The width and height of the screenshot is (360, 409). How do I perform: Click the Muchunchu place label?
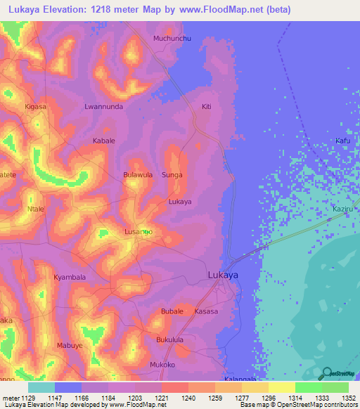point(172,38)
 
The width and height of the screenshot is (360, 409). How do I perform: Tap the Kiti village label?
point(206,107)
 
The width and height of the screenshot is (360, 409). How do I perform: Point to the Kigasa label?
point(35,107)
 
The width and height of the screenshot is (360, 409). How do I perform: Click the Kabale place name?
point(104,141)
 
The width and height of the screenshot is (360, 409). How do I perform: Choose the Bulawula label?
point(138,174)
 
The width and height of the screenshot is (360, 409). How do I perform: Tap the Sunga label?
point(172,174)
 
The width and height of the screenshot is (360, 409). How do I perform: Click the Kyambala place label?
point(70,277)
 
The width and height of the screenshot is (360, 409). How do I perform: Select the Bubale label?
point(172,311)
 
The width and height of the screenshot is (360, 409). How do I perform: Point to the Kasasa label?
point(206,311)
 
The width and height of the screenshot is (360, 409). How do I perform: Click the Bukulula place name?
point(169,339)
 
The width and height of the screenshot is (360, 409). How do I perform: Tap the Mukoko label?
point(162,365)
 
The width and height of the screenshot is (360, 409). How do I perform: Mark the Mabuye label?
point(70,345)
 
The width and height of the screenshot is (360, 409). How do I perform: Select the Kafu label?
point(342,141)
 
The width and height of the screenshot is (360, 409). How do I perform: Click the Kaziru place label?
point(342,209)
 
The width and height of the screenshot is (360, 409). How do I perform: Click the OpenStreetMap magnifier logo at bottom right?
point(326,373)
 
